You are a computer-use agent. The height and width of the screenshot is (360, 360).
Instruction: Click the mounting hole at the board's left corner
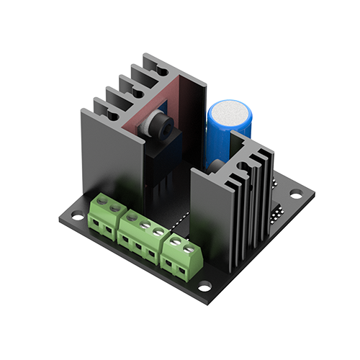[73, 212]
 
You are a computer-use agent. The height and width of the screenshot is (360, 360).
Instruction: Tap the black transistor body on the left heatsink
[160, 155]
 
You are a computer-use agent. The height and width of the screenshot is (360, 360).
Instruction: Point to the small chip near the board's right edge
[276, 212]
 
